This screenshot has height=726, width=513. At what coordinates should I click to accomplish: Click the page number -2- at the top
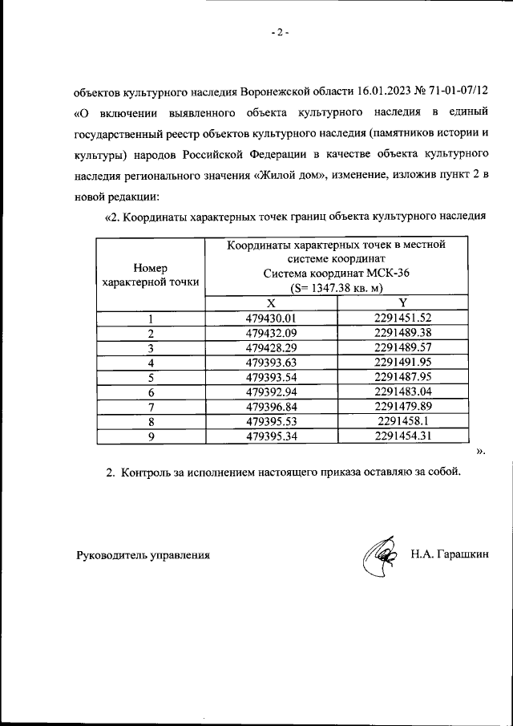(279, 32)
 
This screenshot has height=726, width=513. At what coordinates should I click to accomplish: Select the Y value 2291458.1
(403, 421)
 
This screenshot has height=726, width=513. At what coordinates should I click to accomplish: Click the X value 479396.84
(271, 407)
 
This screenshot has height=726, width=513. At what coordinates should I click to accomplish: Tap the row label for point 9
(151, 436)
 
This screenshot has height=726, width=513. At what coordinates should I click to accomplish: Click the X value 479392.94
(271, 392)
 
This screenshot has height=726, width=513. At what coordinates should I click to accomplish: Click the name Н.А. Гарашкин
(450, 554)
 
